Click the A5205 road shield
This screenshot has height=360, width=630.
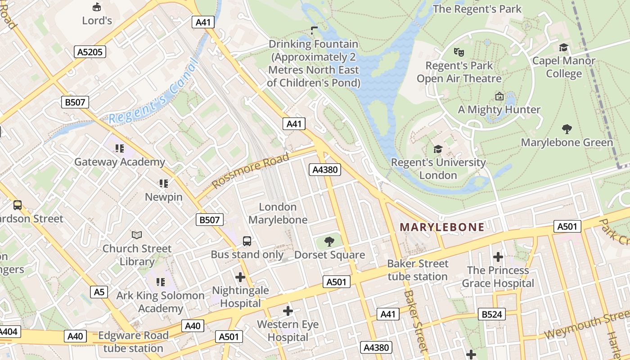tap(90, 52)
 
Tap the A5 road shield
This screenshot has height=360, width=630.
tap(99, 292)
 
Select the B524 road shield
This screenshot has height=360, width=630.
tap(491, 314)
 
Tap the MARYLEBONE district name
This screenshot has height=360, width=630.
tap(442, 227)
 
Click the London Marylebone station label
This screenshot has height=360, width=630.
tap(278, 213)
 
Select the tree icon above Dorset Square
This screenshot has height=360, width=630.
tap(329, 242)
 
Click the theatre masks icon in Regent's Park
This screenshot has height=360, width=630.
tap(459, 52)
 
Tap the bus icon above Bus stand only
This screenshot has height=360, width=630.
tap(247, 241)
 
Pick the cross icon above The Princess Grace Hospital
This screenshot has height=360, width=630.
tap(498, 257)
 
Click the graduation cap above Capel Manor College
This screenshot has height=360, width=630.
tap(563, 48)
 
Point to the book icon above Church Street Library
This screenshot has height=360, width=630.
tap(137, 235)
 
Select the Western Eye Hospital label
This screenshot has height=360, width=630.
tap(288, 331)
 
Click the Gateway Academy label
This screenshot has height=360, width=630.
tap(120, 162)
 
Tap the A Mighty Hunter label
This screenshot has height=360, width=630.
tap(499, 110)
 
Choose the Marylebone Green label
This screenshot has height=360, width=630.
tap(567, 143)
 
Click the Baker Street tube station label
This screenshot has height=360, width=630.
tap(418, 270)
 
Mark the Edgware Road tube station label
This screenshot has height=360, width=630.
tap(133, 342)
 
